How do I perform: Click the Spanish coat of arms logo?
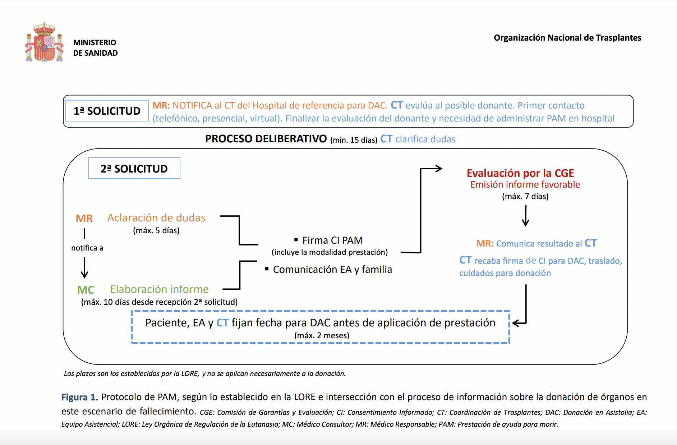(44, 42)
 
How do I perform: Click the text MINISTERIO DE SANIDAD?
(95, 48)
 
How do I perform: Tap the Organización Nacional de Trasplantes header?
(567, 38)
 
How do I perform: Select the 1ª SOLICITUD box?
(107, 111)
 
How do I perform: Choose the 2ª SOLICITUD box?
(134, 168)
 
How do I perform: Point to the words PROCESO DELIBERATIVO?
(266, 139)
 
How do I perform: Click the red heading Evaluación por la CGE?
(520, 173)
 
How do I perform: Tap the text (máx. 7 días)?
(525, 196)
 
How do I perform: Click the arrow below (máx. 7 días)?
(526, 216)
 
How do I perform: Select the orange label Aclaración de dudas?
(156, 218)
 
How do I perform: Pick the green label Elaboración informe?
(159, 289)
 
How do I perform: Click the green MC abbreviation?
(86, 290)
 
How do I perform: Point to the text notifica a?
(87, 248)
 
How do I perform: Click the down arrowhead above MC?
(84, 275)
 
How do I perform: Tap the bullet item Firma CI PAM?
(328, 240)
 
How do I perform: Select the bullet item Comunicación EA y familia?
(328, 269)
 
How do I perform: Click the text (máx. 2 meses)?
(322, 335)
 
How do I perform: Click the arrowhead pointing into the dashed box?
(516, 323)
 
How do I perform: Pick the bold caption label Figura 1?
(79, 397)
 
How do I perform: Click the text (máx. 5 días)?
(156, 230)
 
